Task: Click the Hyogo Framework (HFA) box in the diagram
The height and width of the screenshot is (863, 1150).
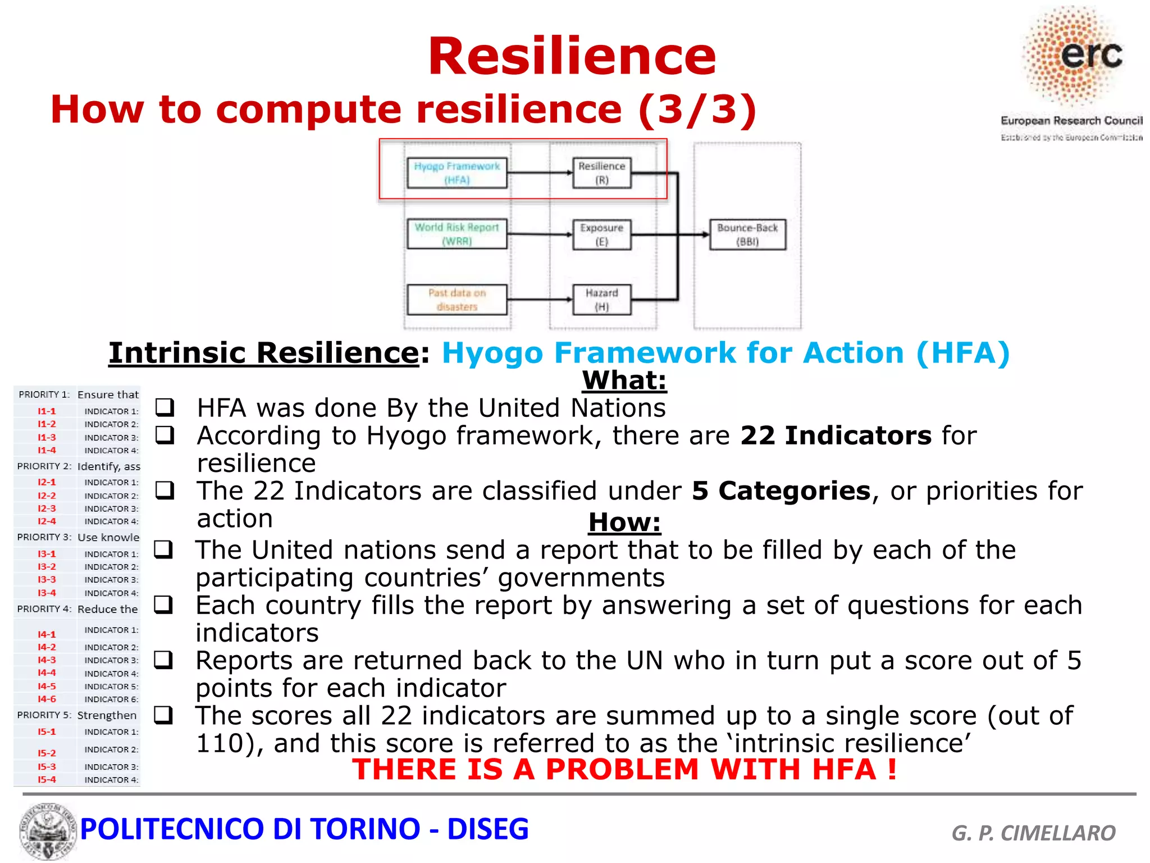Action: coord(457,173)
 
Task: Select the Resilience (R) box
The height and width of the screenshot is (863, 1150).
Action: coord(601,173)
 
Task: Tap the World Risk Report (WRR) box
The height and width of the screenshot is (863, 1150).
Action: coord(457,234)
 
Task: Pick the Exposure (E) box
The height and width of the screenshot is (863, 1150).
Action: coord(601,234)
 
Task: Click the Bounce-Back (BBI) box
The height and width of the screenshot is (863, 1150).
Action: coord(747,234)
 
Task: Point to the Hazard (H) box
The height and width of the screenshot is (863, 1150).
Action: coord(601,299)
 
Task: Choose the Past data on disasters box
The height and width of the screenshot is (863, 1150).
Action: coord(457,299)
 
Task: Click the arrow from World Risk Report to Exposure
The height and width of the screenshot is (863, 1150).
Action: coord(539,234)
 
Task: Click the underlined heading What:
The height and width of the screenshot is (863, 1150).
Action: coord(624,380)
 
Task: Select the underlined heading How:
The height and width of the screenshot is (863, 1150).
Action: coord(624,523)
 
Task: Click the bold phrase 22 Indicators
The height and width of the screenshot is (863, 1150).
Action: coord(836,436)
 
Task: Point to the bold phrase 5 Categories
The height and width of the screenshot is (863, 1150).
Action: coord(781,491)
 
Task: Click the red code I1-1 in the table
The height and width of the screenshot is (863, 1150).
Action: coord(47,411)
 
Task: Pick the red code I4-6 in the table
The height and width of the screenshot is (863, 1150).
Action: coord(47,699)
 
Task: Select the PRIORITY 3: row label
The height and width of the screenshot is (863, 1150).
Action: coord(44,537)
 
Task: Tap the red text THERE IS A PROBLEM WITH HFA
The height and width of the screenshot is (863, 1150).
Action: coord(623,769)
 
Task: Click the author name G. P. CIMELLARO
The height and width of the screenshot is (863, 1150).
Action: coord(1033,833)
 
